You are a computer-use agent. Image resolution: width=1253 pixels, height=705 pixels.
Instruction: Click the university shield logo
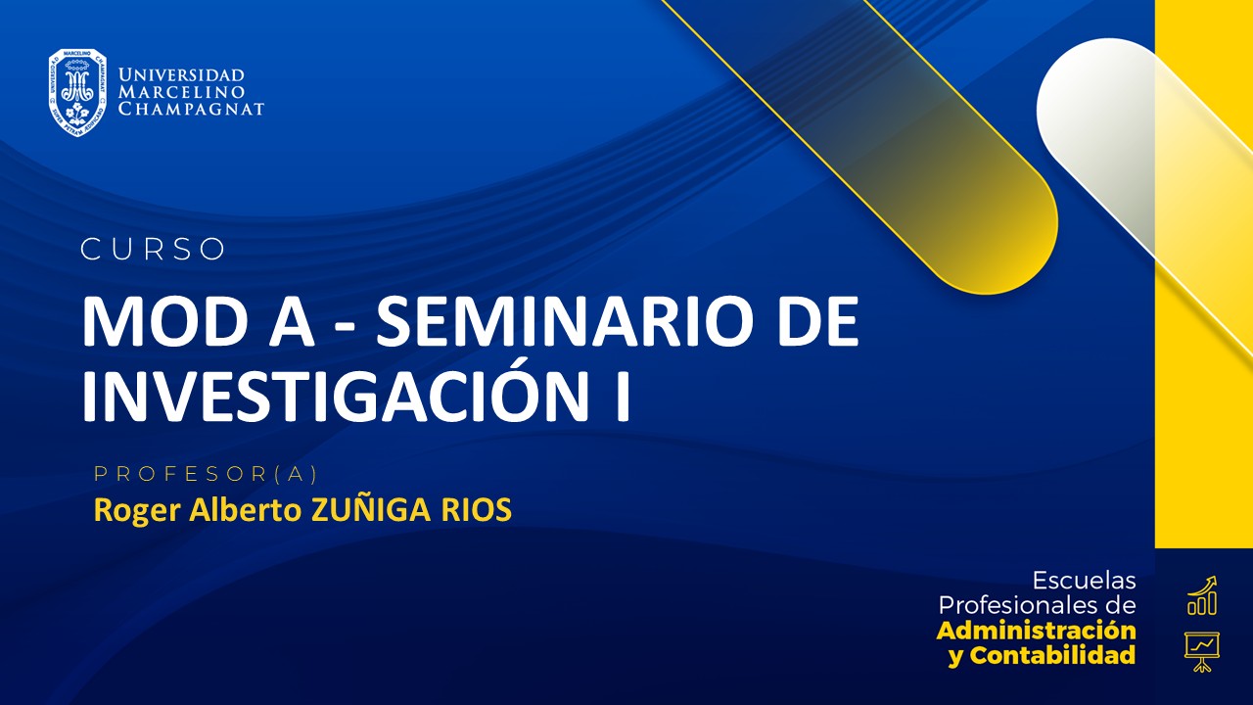[78, 92]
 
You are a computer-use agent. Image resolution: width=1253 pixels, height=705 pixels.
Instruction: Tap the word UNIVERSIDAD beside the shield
[181, 75]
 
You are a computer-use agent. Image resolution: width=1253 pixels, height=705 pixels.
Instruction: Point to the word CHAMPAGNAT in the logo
[191, 109]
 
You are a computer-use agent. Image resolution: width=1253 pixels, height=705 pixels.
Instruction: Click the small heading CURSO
[153, 250]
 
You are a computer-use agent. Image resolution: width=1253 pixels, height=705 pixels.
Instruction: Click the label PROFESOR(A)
[207, 474]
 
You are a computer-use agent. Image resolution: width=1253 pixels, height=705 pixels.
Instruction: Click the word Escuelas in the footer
[1084, 581]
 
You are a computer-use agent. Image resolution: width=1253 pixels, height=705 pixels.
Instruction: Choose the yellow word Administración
[1037, 630]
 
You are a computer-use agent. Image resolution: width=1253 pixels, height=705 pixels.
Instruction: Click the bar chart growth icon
[1201, 596]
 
